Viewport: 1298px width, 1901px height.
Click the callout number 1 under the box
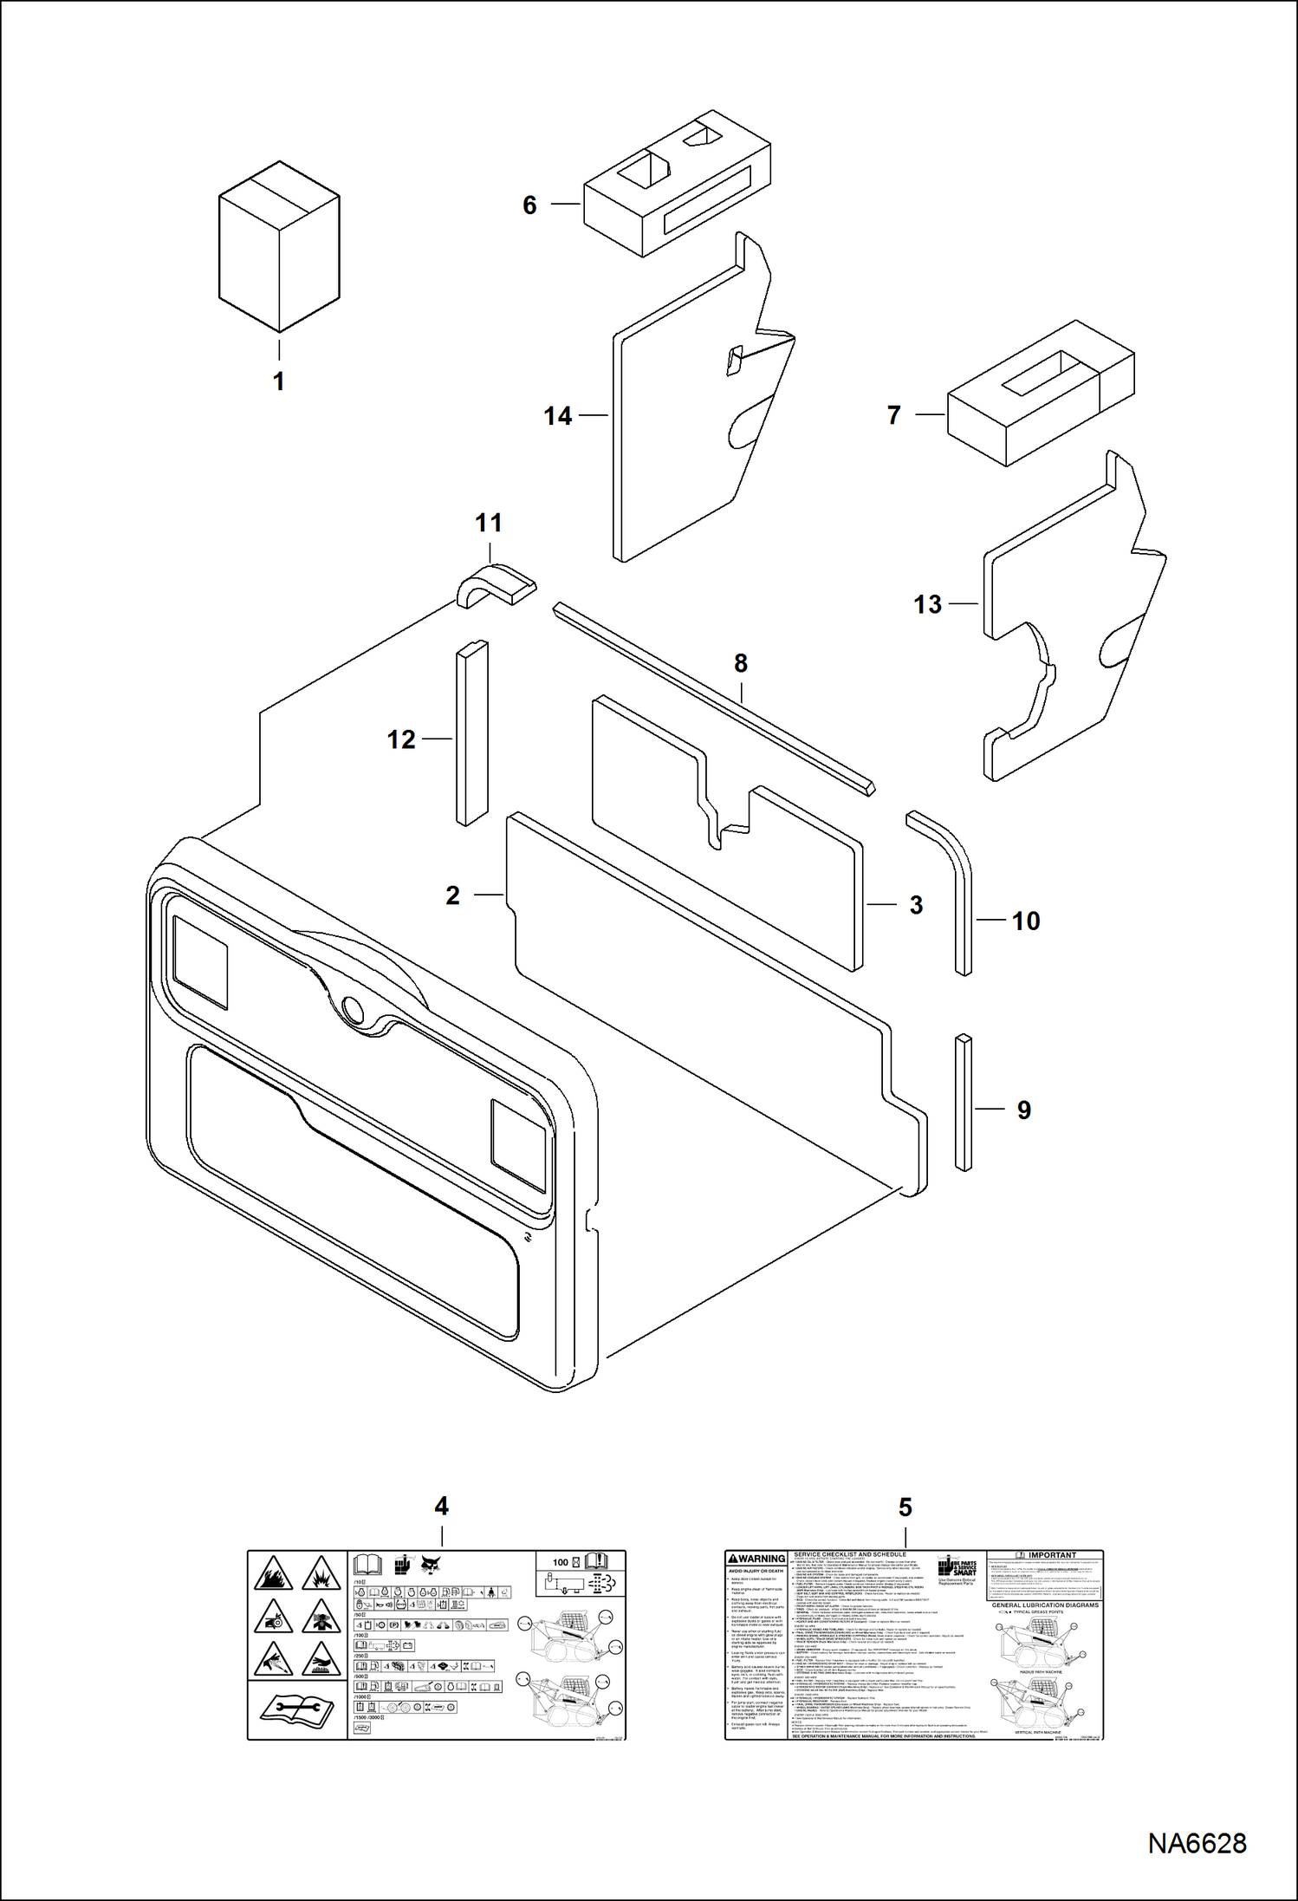[278, 381]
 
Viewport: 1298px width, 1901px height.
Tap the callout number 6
[529, 205]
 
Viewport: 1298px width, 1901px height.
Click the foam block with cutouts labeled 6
[676, 186]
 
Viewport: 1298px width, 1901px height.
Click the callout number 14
[558, 417]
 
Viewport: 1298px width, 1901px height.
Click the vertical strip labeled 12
[471, 733]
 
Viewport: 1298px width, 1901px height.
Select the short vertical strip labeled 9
[963, 1102]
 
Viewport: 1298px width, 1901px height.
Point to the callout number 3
[916, 906]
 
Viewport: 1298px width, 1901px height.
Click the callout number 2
[452, 895]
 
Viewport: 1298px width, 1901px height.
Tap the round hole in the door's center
[353, 1008]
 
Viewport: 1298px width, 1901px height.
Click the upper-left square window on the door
[201, 963]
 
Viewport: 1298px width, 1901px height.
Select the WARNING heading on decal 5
[756, 1559]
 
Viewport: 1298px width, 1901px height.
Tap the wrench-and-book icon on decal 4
[296, 1707]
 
